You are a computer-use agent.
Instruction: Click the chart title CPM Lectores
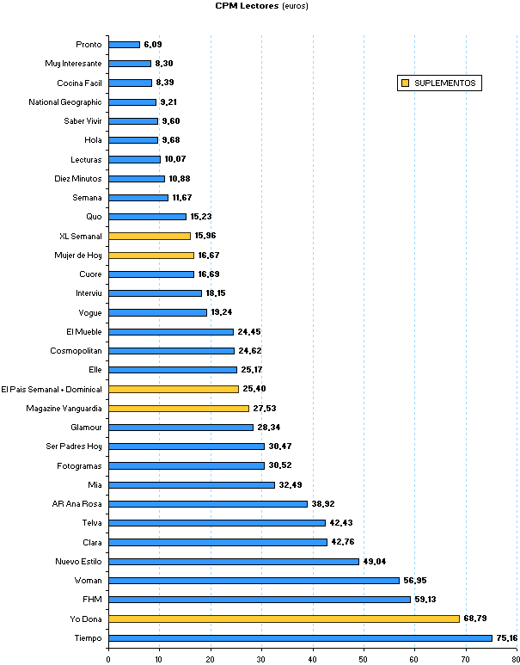[247, 5]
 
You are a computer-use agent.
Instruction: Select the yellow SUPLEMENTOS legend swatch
[404, 83]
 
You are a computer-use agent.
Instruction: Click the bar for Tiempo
[300, 637]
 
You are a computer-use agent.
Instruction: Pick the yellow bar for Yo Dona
[284, 619]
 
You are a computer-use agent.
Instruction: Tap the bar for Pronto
[124, 45]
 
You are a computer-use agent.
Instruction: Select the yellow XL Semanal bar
[150, 236]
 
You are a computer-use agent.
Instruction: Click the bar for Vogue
[157, 312]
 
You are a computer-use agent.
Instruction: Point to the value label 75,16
[507, 637]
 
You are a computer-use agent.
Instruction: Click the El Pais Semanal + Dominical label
[52, 389]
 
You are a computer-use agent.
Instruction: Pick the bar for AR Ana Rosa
[208, 504]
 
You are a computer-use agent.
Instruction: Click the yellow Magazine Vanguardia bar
[179, 408]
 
